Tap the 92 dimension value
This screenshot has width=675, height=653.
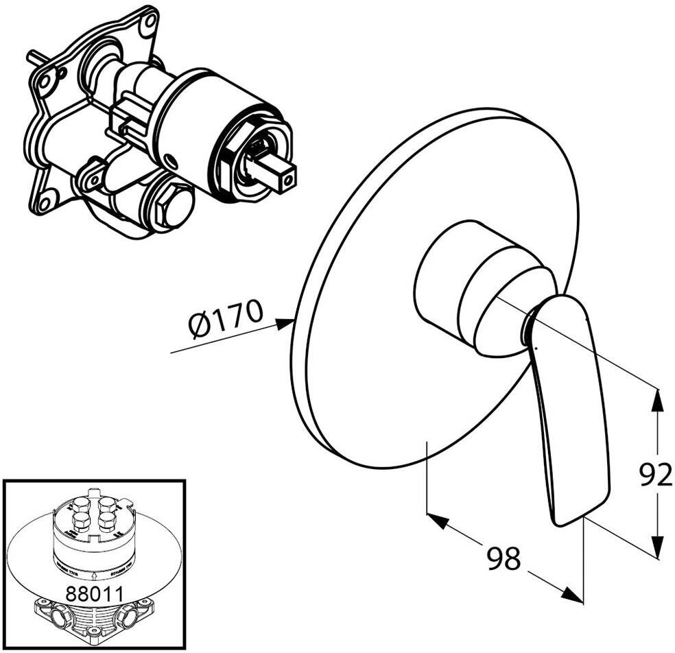(654, 475)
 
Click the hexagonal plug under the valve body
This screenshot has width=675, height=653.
(172, 205)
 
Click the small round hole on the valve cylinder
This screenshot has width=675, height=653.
(171, 163)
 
